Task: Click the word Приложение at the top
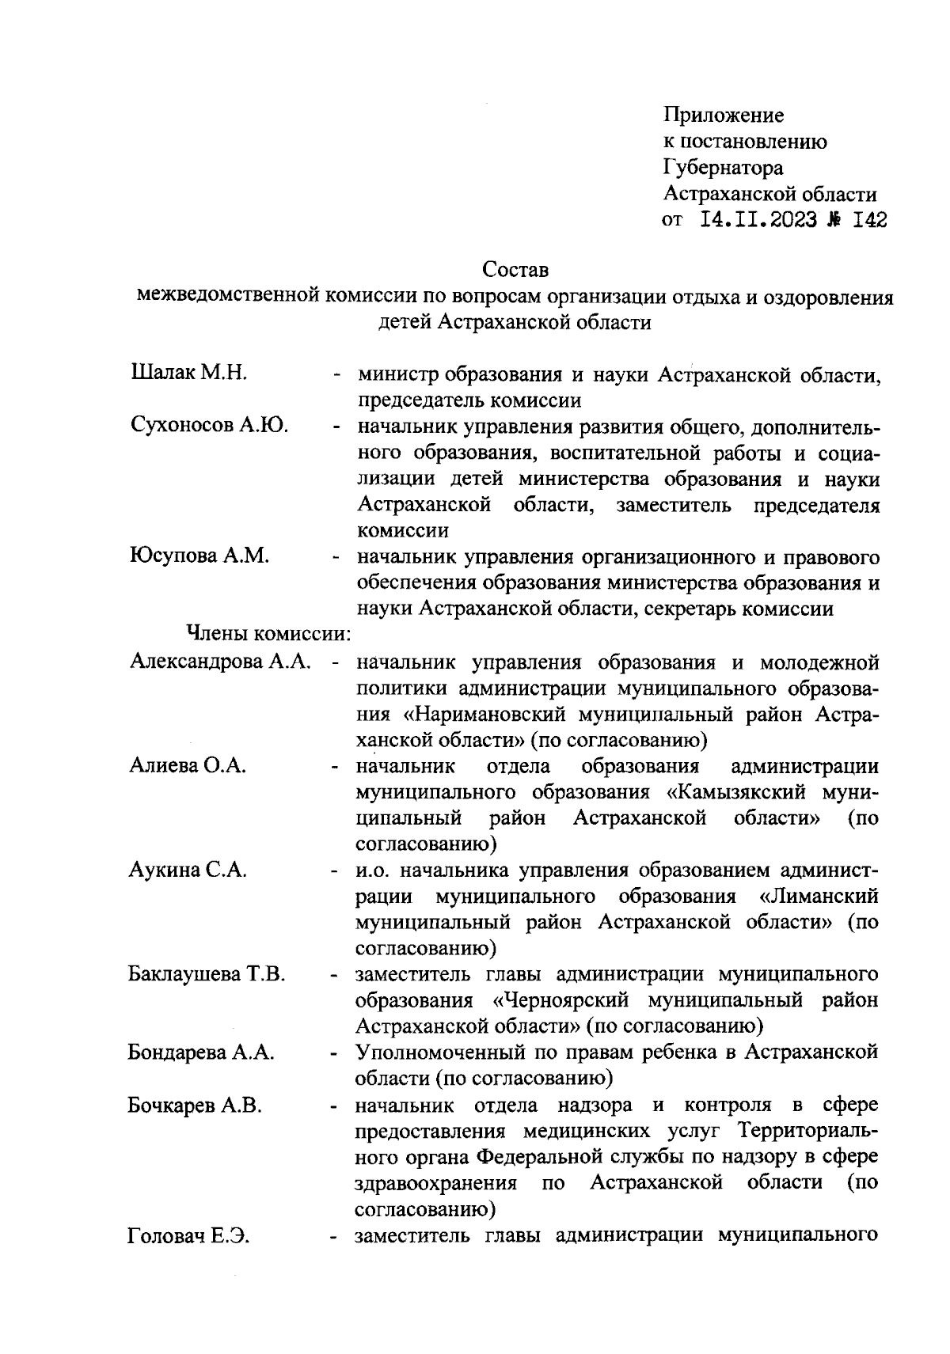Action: point(724,116)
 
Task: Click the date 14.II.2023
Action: point(759,220)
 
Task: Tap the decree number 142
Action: point(868,220)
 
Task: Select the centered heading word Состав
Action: point(515,270)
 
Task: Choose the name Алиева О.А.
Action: point(188,765)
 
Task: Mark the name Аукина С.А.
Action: point(188,870)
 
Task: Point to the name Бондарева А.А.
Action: point(201,1052)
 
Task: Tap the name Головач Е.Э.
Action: point(188,1235)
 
